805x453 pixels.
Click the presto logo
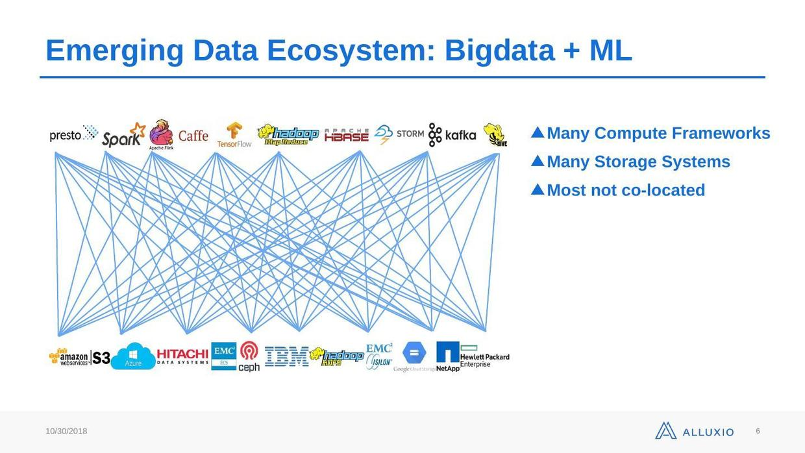coord(73,134)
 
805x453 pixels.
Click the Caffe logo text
coord(193,136)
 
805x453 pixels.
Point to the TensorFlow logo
coord(234,135)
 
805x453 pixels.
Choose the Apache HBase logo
coord(346,135)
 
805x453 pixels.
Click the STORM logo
coord(400,134)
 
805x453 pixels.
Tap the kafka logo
coord(452,135)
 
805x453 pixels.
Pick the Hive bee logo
coord(495,134)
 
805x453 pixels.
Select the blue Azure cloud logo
coord(133,356)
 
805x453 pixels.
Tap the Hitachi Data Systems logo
coord(182,356)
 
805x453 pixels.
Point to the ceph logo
coord(249,357)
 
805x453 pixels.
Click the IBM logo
coord(286,356)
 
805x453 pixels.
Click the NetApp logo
coord(448,356)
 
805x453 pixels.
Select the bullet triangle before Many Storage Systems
coord(538,161)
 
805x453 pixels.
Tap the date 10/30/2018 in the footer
coord(66,432)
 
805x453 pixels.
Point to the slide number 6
coord(758,431)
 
